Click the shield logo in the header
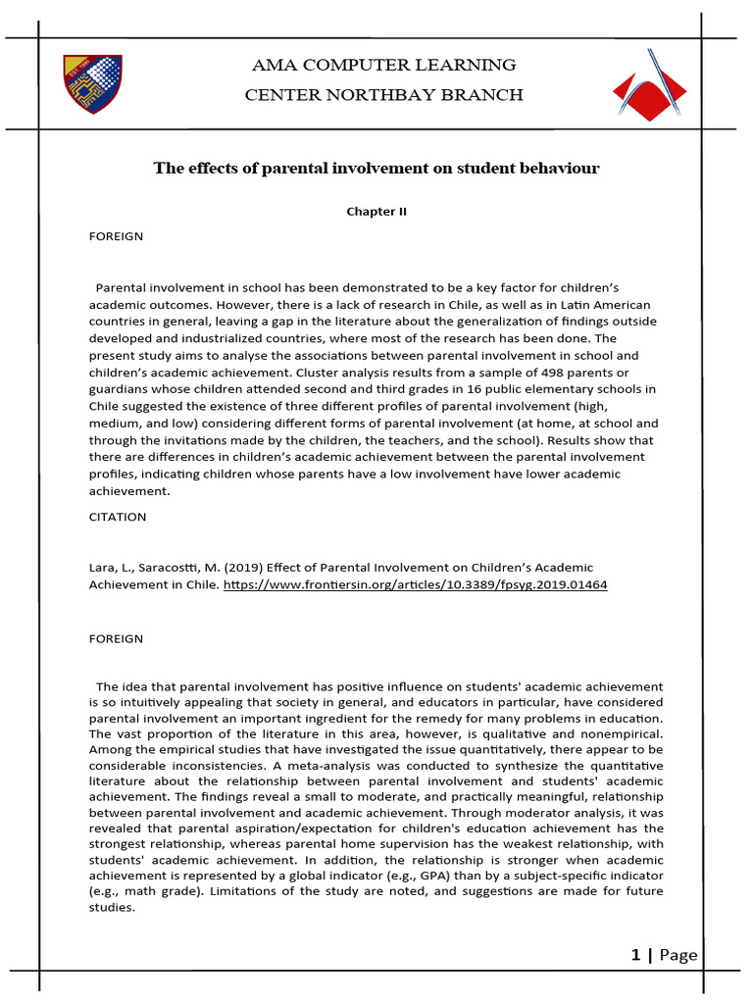click(93, 83)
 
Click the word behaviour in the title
click(552, 169)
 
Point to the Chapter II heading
click(376, 211)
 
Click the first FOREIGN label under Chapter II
click(116, 236)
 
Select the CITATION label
click(118, 517)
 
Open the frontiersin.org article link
click(416, 584)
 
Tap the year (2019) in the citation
click(227, 568)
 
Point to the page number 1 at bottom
click(635, 955)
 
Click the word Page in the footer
click(678, 955)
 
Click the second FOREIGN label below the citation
click(116, 638)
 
